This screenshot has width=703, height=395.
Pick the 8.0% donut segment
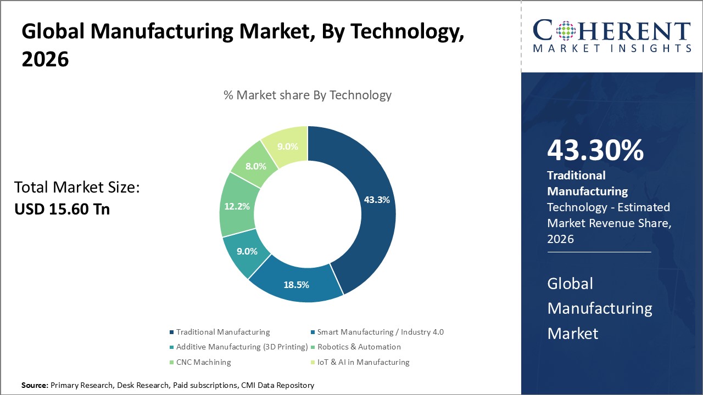(x=256, y=166)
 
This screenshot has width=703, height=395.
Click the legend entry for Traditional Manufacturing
(x=222, y=332)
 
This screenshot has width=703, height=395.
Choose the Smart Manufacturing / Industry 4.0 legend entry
(x=380, y=332)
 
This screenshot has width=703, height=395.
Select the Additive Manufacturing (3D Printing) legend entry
(x=242, y=347)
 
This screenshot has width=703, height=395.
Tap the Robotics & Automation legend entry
(x=359, y=347)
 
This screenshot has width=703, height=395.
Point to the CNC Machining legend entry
(x=203, y=362)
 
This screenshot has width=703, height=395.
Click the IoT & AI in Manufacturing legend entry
(x=363, y=362)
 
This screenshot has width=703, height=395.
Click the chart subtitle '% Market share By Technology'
(x=308, y=95)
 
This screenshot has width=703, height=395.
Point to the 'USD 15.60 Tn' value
(x=62, y=209)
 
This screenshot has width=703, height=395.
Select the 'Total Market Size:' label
(x=77, y=188)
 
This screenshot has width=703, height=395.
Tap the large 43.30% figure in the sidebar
(x=595, y=151)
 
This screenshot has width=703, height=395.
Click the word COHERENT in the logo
(x=612, y=31)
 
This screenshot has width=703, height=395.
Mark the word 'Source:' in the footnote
(x=35, y=386)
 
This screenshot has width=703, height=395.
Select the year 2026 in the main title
(x=45, y=60)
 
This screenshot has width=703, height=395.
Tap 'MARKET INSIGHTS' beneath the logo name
(x=612, y=49)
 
